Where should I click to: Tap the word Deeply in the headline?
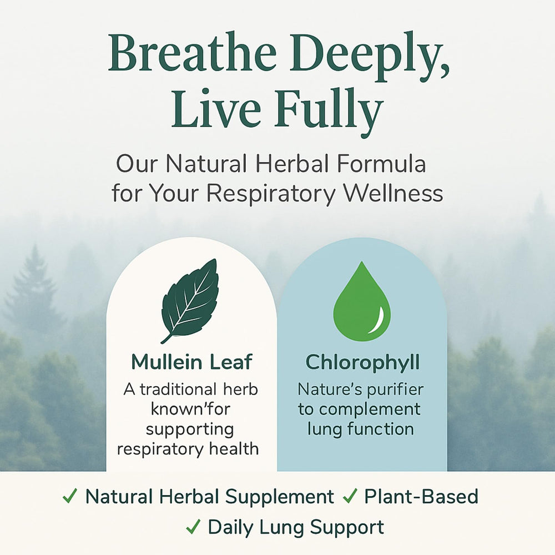tap(370, 57)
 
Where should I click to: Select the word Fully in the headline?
tap(329, 110)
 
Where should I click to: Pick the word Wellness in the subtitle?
tap(393, 193)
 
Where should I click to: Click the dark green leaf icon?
tap(190, 301)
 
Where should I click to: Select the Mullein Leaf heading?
tap(192, 362)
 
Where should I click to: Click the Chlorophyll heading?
tap(362, 363)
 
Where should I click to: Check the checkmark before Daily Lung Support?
tap(193, 527)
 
